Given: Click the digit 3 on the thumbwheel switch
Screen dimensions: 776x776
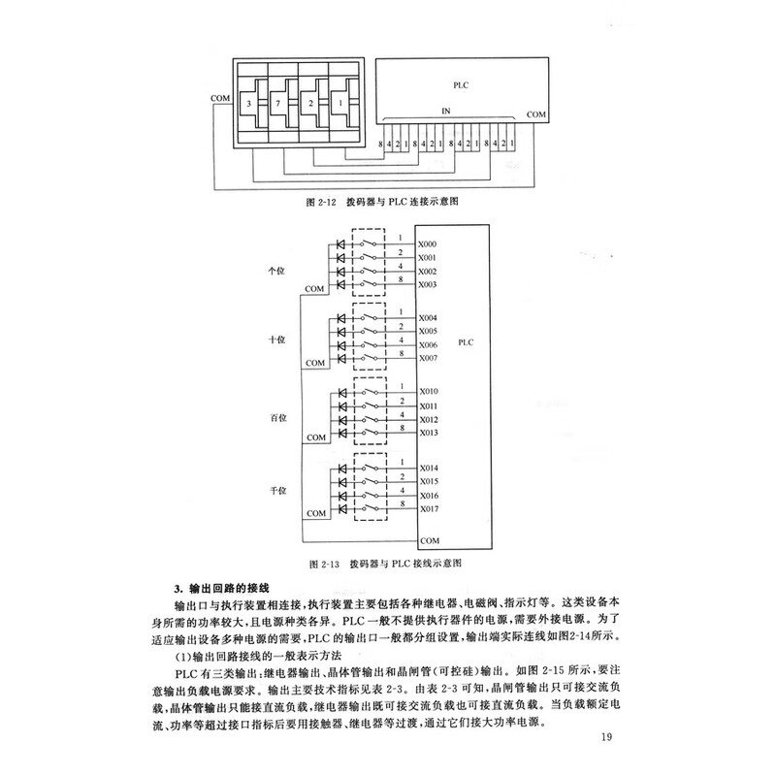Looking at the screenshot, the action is click(250, 102).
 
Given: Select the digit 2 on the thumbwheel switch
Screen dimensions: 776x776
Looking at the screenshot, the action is click(310, 102).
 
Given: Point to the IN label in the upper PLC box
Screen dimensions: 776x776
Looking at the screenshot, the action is click(447, 113).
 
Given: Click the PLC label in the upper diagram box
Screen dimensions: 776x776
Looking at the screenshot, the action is click(460, 85).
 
